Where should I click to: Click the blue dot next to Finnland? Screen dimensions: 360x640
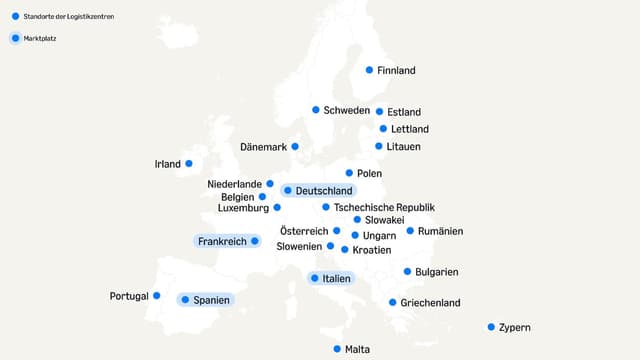369,70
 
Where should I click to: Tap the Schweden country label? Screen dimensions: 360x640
347,110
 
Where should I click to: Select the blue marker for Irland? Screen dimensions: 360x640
188,163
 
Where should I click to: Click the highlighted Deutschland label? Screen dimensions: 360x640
324,190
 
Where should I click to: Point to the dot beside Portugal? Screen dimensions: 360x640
157,295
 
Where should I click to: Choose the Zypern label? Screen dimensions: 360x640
514,328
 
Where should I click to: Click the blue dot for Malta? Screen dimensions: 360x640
337,349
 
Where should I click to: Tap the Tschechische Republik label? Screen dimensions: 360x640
384,208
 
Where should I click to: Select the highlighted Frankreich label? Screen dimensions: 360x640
222,241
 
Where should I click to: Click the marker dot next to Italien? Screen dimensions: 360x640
314,278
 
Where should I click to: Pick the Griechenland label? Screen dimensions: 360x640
430,303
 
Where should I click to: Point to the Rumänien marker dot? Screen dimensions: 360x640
410,231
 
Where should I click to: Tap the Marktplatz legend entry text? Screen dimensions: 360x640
42,38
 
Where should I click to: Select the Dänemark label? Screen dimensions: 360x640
264,147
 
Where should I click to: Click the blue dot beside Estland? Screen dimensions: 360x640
379,112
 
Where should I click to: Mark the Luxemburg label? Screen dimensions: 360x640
243,208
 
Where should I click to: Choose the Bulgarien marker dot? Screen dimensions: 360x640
407,271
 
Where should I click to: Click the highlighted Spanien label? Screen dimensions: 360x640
211,299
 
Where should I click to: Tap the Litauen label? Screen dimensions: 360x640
403,147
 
